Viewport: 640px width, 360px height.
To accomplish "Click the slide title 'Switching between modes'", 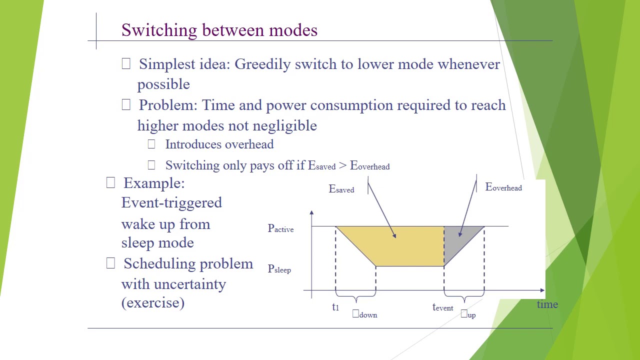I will pyautogui.click(x=219, y=30).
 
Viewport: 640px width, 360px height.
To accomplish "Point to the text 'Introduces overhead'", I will pyautogui.click(x=219, y=144).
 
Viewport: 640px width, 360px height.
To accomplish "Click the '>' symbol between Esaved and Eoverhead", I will pyautogui.click(x=342, y=165).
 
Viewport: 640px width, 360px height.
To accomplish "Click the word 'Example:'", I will pyautogui.click(x=154, y=183).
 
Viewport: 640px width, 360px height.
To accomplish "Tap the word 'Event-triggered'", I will pyautogui.click(x=171, y=202).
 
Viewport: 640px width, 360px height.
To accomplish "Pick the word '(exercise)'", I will pyautogui.click(x=153, y=302).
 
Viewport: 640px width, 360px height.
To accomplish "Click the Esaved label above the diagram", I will pyautogui.click(x=341, y=189).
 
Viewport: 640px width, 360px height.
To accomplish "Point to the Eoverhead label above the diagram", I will pyautogui.click(x=503, y=187).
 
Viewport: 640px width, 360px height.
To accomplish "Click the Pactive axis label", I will pyautogui.click(x=280, y=229).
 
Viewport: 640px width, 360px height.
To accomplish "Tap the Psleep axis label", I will pyautogui.click(x=279, y=269).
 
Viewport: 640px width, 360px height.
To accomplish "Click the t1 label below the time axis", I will pyautogui.click(x=335, y=307).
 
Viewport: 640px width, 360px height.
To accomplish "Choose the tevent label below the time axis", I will pyautogui.click(x=442, y=307).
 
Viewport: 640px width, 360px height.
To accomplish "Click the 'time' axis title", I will pyautogui.click(x=547, y=304).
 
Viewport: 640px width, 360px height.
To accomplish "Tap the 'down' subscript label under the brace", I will pyautogui.click(x=367, y=314).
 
